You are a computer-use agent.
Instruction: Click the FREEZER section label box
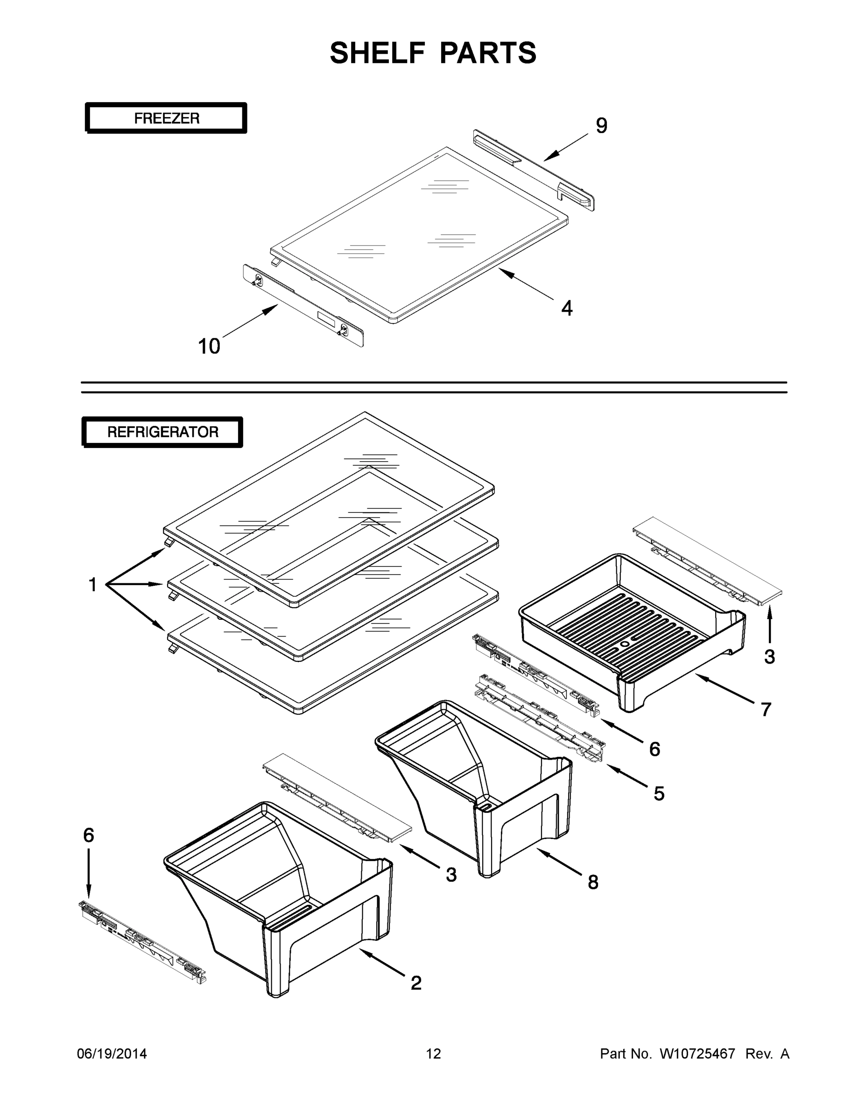(x=166, y=119)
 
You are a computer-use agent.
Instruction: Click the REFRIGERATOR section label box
(x=162, y=432)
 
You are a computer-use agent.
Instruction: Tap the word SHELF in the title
(x=378, y=53)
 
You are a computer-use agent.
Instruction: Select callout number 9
(x=601, y=126)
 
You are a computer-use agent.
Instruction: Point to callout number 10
(x=209, y=347)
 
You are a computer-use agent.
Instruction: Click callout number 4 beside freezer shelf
(x=566, y=308)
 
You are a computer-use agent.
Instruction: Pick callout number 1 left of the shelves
(x=92, y=585)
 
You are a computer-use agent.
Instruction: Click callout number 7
(x=766, y=710)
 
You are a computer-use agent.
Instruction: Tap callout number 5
(x=659, y=794)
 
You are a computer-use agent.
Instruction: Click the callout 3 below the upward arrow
(x=769, y=657)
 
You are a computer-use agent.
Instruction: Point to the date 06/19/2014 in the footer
(x=112, y=1054)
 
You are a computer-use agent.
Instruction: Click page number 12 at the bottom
(x=433, y=1054)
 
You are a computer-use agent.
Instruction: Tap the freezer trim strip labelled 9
(x=534, y=169)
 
